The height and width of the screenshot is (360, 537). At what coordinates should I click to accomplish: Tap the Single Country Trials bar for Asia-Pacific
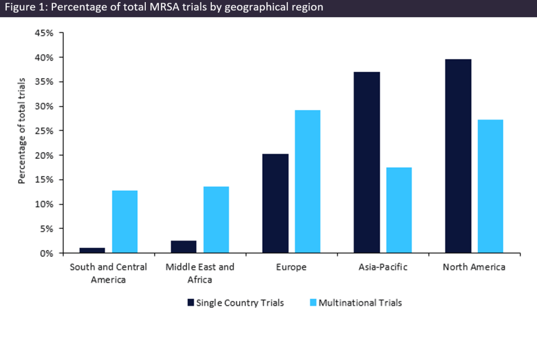(x=367, y=162)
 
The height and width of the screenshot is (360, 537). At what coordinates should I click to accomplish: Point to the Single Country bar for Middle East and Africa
(x=184, y=247)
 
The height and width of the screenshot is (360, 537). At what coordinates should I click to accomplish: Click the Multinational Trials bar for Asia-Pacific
(x=399, y=210)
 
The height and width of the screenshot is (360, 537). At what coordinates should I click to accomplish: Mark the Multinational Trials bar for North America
(x=490, y=186)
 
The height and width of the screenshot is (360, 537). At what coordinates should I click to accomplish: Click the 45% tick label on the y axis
(x=44, y=33)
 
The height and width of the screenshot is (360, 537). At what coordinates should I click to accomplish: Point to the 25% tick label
(x=44, y=131)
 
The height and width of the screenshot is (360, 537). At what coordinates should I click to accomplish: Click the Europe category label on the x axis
(x=291, y=267)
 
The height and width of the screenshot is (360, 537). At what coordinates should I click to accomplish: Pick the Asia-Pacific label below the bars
(x=383, y=267)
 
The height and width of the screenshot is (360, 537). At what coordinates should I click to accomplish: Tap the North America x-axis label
(x=474, y=267)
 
